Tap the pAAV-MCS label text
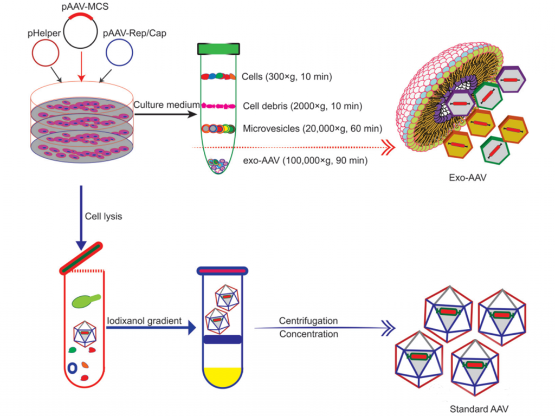(81, 6)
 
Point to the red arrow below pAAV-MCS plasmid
(81, 66)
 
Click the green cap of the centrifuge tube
(219, 49)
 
